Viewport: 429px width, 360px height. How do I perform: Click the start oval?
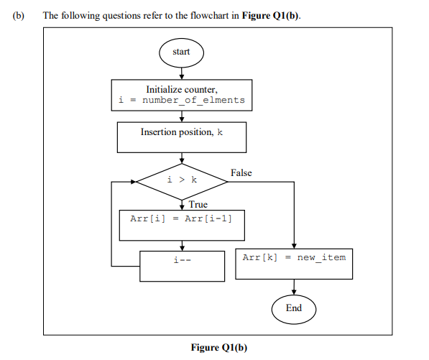click(181, 52)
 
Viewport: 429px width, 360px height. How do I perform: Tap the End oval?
click(294, 308)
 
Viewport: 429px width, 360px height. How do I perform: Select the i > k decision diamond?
click(182, 180)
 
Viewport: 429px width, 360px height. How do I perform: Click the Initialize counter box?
click(182, 94)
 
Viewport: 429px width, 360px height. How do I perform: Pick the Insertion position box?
click(182, 137)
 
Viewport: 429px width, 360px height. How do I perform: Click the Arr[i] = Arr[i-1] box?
click(182, 224)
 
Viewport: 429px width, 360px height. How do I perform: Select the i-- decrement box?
click(182, 265)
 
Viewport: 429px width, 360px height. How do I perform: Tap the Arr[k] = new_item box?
click(294, 264)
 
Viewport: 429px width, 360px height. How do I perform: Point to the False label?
click(241, 173)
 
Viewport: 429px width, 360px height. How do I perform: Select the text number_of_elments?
click(193, 100)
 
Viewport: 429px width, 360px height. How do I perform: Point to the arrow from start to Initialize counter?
click(182, 72)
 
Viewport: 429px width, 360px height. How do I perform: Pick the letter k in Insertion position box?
click(219, 132)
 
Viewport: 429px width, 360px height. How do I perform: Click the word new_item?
click(321, 257)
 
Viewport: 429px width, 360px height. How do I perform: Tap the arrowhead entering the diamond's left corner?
click(133, 180)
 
